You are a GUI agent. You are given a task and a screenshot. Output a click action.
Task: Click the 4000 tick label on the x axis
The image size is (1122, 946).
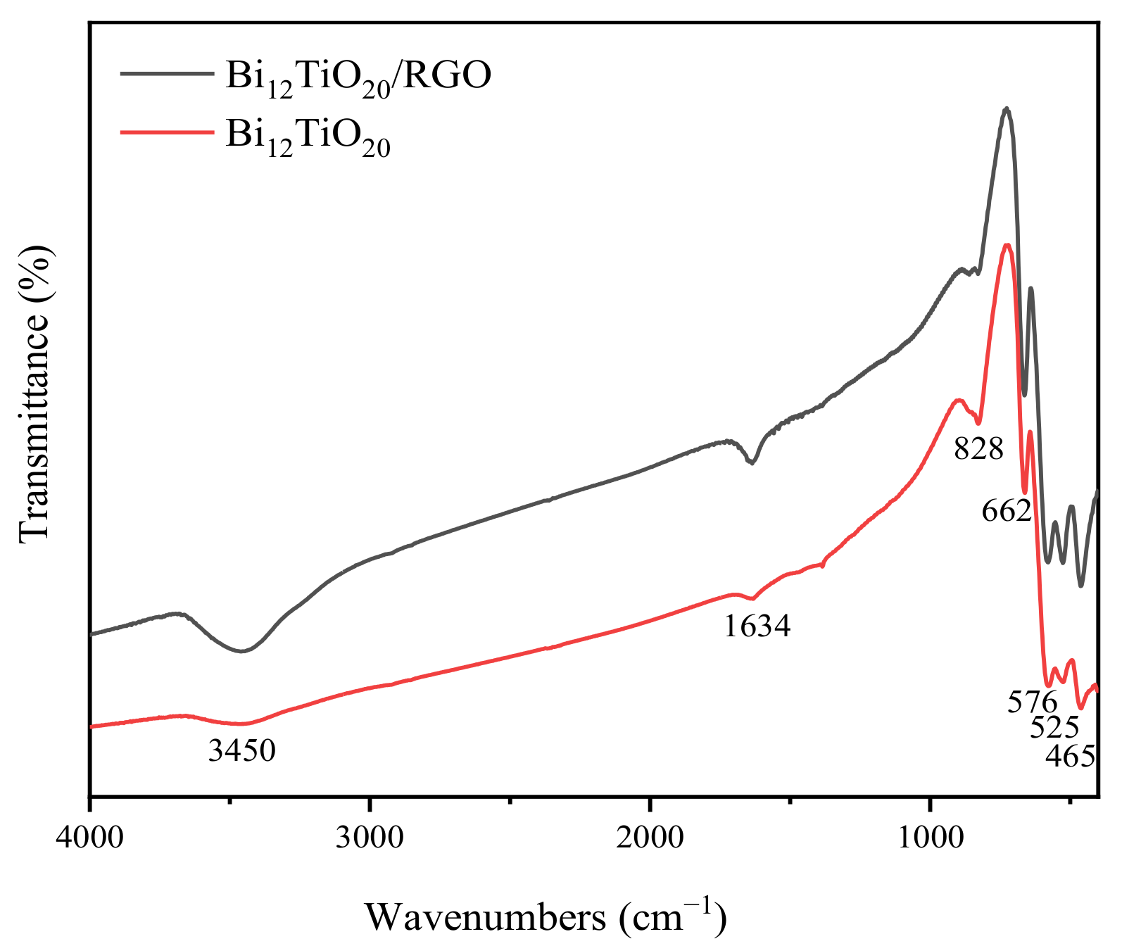[89, 838]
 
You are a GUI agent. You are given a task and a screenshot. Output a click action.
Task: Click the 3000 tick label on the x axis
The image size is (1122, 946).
[370, 838]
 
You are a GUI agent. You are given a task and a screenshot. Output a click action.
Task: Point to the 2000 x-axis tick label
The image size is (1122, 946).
[650, 838]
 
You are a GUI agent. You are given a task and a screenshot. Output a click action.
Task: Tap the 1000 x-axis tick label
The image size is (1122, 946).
[930, 838]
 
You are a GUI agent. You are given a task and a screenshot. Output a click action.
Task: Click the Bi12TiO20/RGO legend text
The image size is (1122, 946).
[358, 76]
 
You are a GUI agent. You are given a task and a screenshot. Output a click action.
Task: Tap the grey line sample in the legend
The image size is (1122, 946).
[166, 72]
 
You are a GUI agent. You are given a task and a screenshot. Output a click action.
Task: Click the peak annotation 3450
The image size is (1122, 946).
[241, 751]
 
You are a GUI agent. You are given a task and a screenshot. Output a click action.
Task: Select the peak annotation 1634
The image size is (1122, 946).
[757, 626]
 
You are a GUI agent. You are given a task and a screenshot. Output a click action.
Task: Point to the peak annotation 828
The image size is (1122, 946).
[978, 448]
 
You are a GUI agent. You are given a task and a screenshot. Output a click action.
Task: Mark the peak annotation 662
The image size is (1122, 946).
[1006, 510]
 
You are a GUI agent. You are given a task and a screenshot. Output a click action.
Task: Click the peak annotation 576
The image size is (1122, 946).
[1032, 702]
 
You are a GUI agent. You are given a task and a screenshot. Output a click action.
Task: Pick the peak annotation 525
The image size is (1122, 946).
[1054, 727]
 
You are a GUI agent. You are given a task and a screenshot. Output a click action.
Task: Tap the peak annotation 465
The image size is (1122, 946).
[1070, 756]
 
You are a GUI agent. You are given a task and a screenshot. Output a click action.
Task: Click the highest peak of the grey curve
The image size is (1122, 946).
[1007, 109]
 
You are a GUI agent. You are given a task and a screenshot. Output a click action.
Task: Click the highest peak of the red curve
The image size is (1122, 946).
[1007, 246]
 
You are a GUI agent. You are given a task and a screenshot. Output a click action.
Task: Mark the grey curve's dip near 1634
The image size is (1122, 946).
[752, 462]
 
